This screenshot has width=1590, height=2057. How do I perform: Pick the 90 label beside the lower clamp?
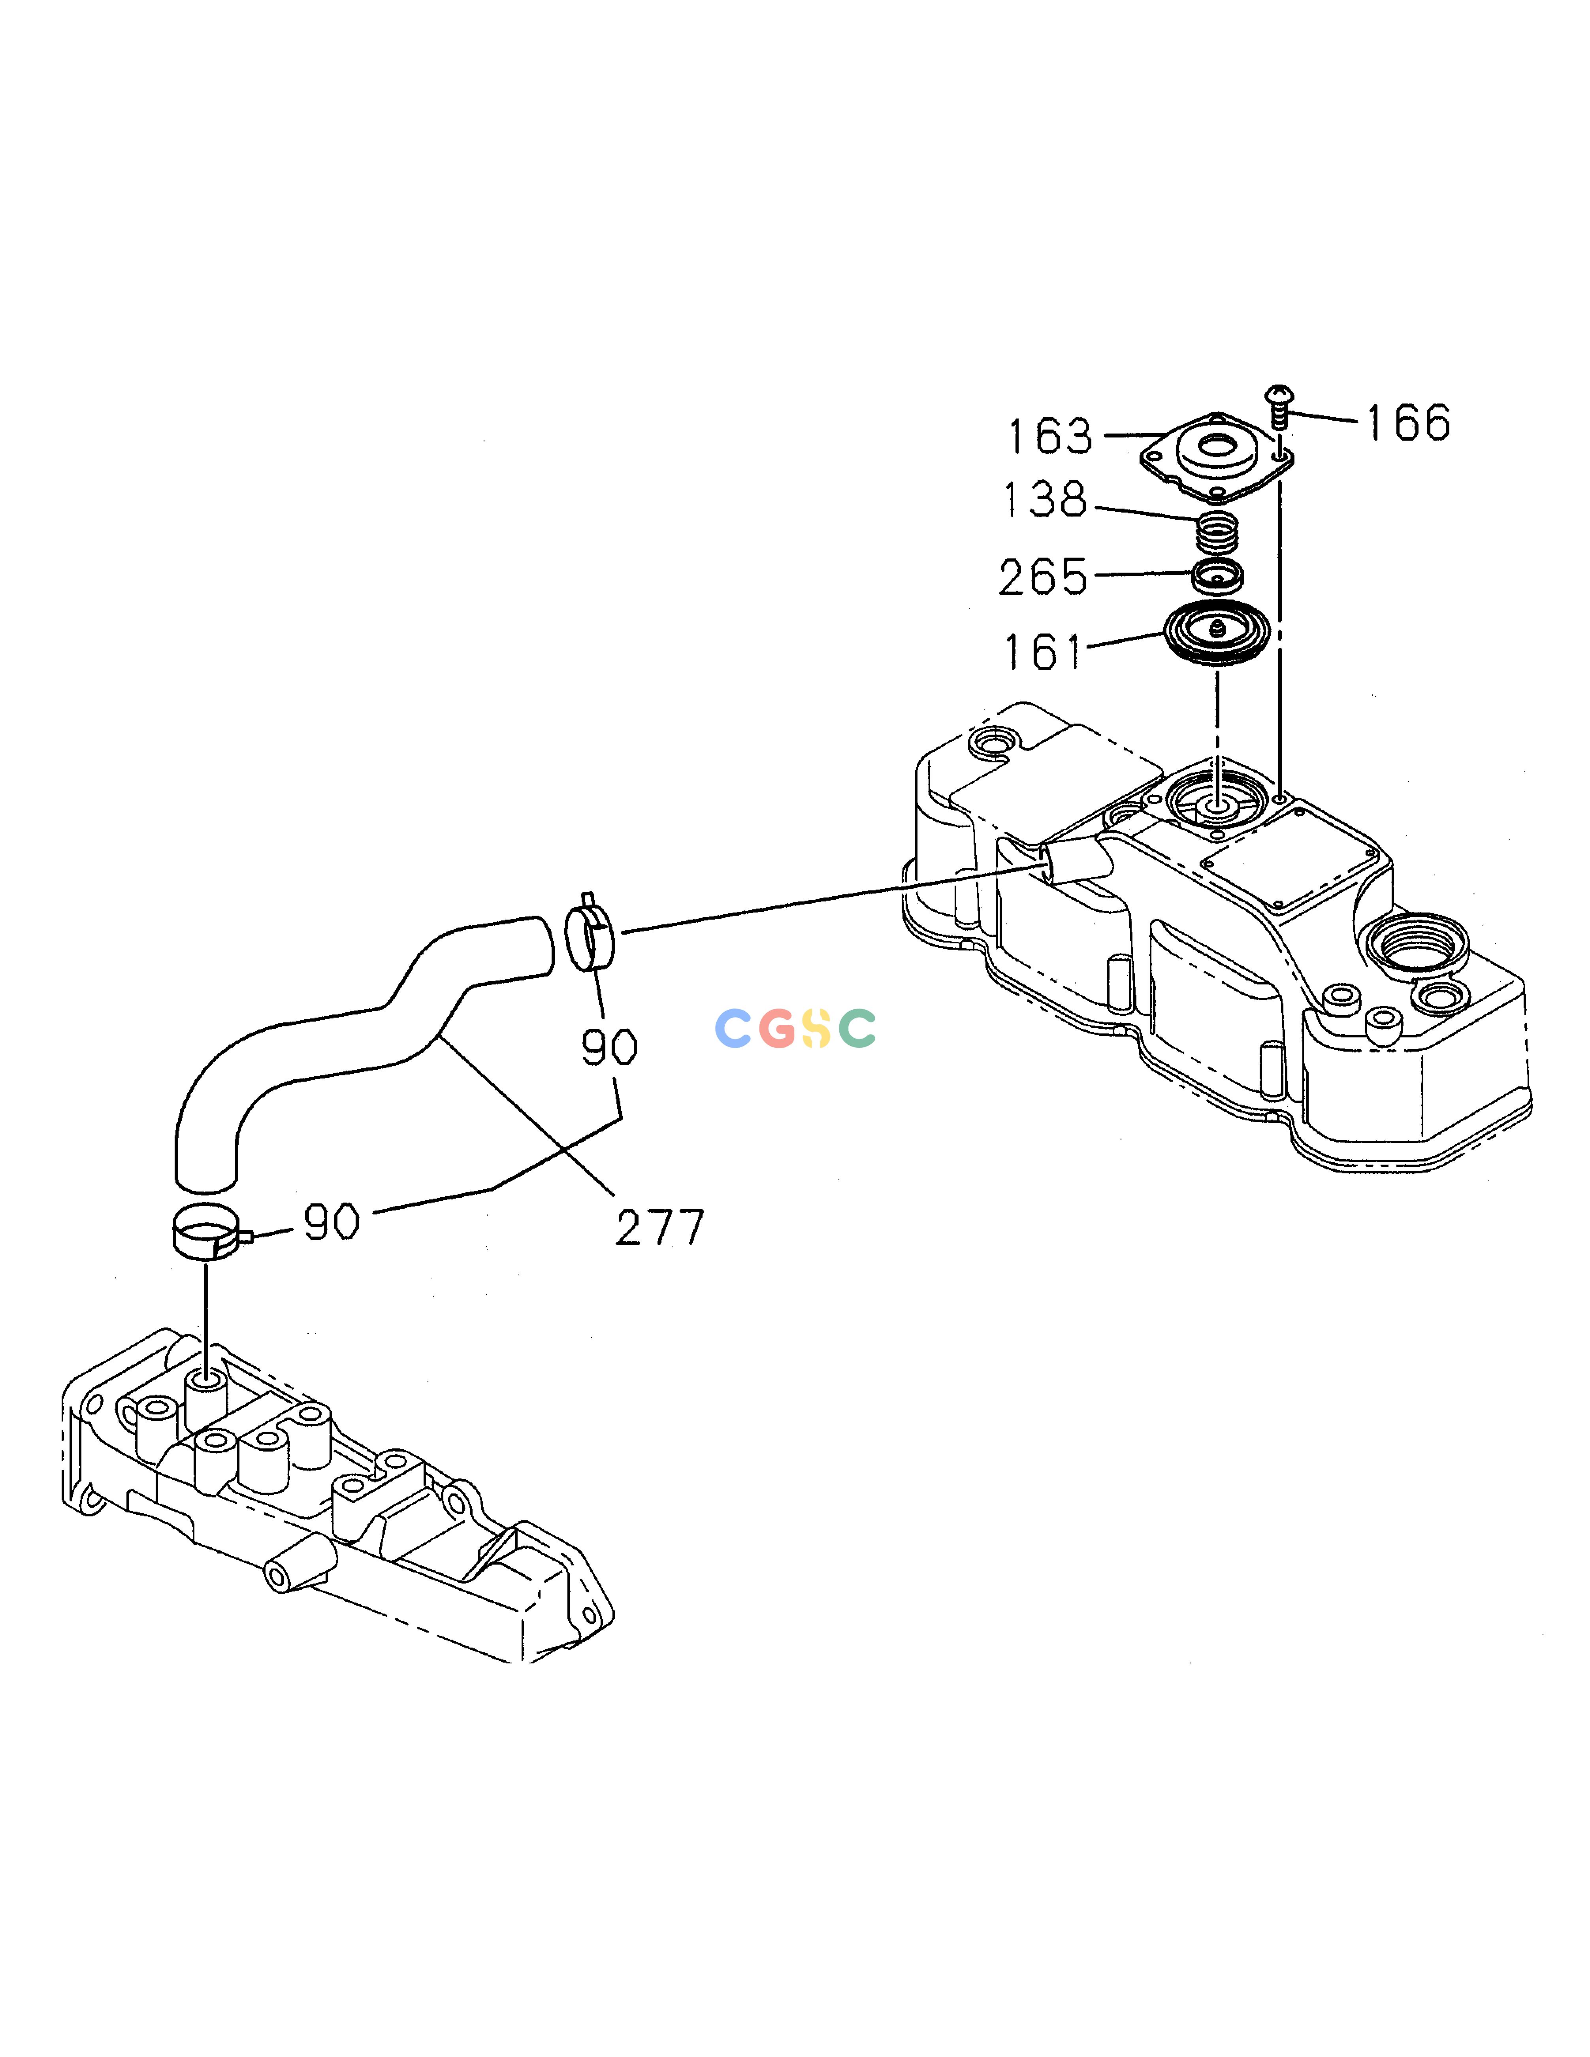coord(332,1222)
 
